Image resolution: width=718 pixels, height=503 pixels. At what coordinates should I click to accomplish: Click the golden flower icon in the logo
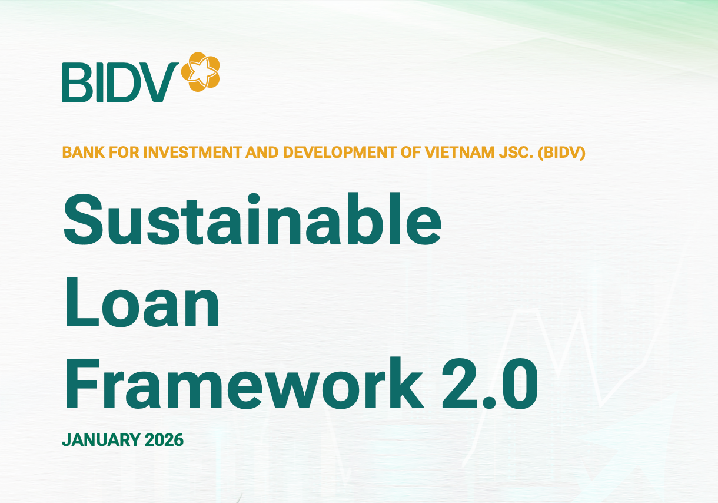tap(200, 72)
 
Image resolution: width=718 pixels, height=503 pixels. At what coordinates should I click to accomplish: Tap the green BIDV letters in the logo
tap(120, 82)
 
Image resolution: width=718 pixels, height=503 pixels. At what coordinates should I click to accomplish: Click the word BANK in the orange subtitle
tap(79, 153)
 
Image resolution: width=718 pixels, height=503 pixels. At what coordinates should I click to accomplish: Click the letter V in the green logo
tap(160, 82)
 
